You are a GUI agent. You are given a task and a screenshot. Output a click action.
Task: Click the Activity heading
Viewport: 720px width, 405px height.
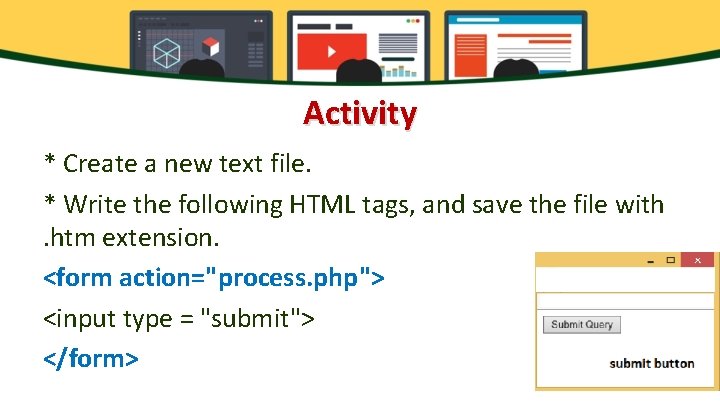point(360,113)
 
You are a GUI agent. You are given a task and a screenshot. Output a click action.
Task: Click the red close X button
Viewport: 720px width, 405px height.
point(698,260)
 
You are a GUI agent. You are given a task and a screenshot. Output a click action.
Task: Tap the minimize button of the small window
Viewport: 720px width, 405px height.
point(651,261)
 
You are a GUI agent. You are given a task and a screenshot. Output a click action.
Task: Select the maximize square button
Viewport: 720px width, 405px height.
point(670,260)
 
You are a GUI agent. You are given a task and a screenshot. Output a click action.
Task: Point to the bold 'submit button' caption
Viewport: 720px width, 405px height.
point(651,363)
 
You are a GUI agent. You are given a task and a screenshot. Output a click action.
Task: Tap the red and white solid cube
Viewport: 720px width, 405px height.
point(210,46)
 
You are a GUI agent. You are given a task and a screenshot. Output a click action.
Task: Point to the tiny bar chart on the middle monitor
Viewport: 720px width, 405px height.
point(402,70)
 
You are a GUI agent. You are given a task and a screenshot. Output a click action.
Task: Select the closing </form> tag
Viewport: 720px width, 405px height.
point(91,357)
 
